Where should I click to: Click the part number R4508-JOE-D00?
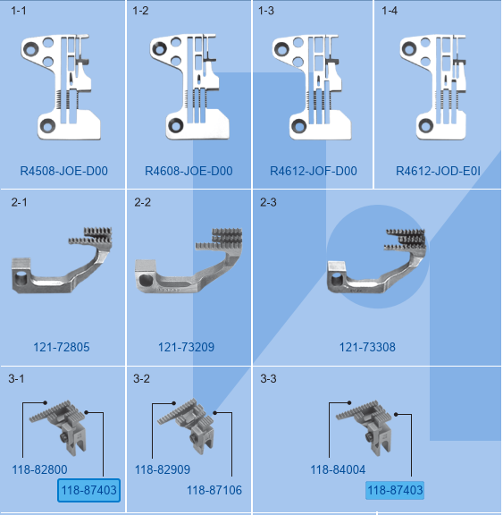pyautogui.click(x=64, y=171)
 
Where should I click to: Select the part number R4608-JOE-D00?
pyautogui.click(x=189, y=171)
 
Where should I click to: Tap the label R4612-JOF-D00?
pyautogui.click(x=314, y=171)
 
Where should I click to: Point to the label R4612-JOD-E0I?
pyautogui.click(x=438, y=171)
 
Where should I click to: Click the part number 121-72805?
pyautogui.click(x=62, y=347)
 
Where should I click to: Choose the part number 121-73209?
pyautogui.click(x=186, y=347)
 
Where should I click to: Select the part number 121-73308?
pyautogui.click(x=367, y=347)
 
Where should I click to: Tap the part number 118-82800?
pyautogui.click(x=39, y=469)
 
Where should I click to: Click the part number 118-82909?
pyautogui.click(x=163, y=469)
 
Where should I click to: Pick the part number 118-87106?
pyautogui.click(x=214, y=490)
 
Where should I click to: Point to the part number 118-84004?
pyautogui.click(x=338, y=469)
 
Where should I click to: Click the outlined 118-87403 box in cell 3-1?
pyautogui.click(x=89, y=490)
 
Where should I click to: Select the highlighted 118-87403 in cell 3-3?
pyautogui.click(x=395, y=490)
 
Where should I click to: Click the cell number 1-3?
pyautogui.click(x=265, y=11)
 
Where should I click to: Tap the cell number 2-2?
pyautogui.click(x=142, y=202)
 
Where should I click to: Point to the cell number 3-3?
pyautogui.click(x=268, y=379)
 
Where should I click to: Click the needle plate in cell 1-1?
pyautogui.click(x=61, y=87)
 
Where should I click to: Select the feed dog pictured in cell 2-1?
pyautogui.click(x=62, y=260)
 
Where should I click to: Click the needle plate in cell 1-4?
pyautogui.click(x=433, y=87)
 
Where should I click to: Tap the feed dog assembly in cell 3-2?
pyautogui.click(x=186, y=426)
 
